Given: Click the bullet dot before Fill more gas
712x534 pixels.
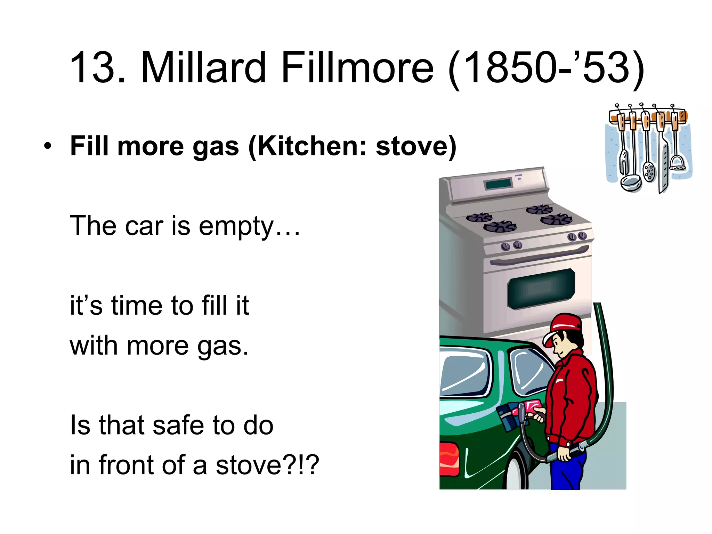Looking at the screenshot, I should (x=48, y=146).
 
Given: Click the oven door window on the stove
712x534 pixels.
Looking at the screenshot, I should (x=540, y=289).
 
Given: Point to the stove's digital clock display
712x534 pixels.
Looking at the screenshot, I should (x=498, y=184).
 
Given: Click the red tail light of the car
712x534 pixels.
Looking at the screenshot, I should (x=450, y=459).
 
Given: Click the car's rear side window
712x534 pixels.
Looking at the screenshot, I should (x=464, y=375).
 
